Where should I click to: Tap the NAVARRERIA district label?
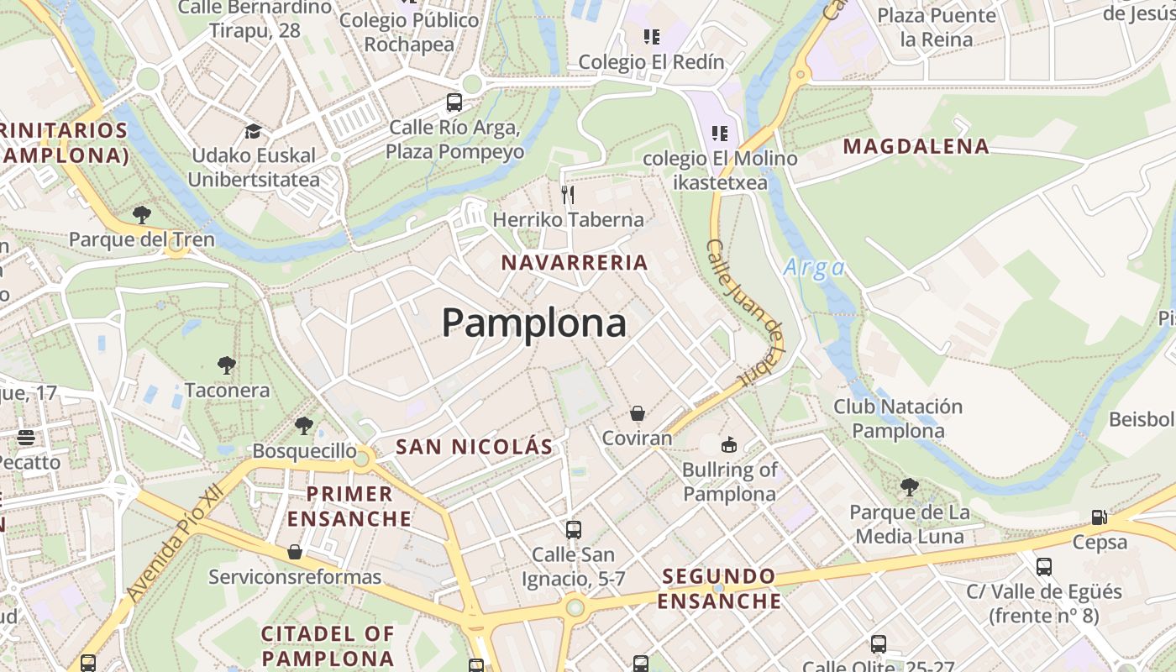click(575, 263)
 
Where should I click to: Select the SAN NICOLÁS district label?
click(474, 447)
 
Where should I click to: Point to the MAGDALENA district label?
click(916, 147)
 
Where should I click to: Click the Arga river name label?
click(814, 268)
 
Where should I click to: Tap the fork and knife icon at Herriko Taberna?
click(568, 195)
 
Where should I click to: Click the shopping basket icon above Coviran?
click(638, 413)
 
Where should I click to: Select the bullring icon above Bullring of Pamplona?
click(729, 444)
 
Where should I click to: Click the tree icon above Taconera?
click(226, 365)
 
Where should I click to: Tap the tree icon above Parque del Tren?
click(142, 215)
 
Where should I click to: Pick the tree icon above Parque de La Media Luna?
click(909, 487)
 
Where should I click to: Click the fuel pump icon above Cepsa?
click(1099, 517)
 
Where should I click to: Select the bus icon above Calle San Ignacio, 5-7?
click(574, 530)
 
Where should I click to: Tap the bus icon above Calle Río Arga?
click(454, 103)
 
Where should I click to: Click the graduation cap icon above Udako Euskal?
click(253, 131)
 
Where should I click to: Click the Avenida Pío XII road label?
click(176, 543)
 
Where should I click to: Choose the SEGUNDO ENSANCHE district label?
click(719, 589)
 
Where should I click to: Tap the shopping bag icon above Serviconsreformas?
click(294, 552)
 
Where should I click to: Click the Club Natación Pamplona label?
click(897, 418)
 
